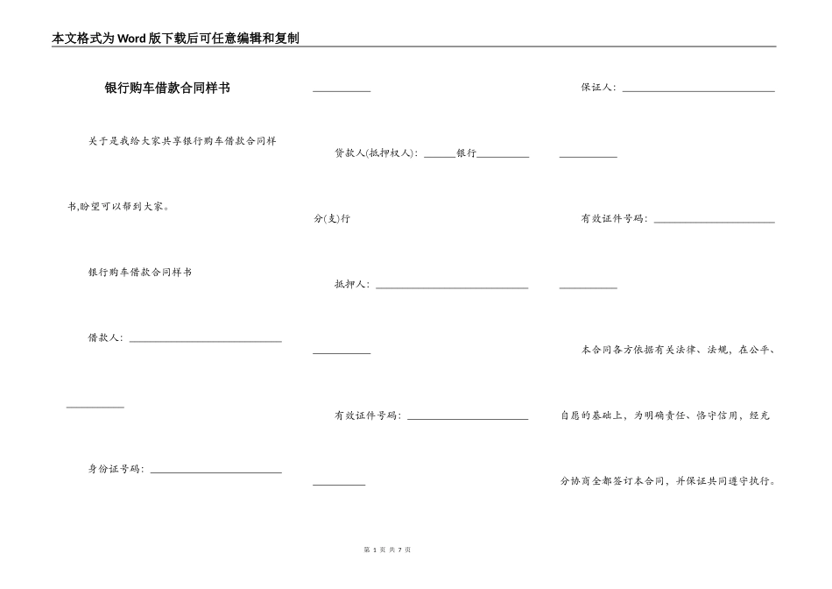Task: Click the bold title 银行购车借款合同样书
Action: point(167,89)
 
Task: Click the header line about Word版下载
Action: point(176,39)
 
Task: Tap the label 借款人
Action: point(105,337)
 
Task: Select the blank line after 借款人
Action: point(205,341)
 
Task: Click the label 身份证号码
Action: point(116,469)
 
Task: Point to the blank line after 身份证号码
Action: point(215,472)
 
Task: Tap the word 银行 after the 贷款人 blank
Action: point(466,153)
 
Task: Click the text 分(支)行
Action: point(332,218)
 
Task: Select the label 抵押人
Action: point(351,284)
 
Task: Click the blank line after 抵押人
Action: point(451,287)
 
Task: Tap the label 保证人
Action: point(598,88)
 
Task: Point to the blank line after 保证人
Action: point(698,90)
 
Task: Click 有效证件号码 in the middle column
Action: point(367,415)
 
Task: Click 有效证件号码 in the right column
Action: point(614,218)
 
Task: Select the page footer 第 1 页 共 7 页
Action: point(386,549)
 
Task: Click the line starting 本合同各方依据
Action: point(678,350)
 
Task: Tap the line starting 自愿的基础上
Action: point(665,415)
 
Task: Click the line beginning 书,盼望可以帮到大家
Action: point(118,207)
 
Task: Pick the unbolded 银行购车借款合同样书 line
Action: point(140,273)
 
